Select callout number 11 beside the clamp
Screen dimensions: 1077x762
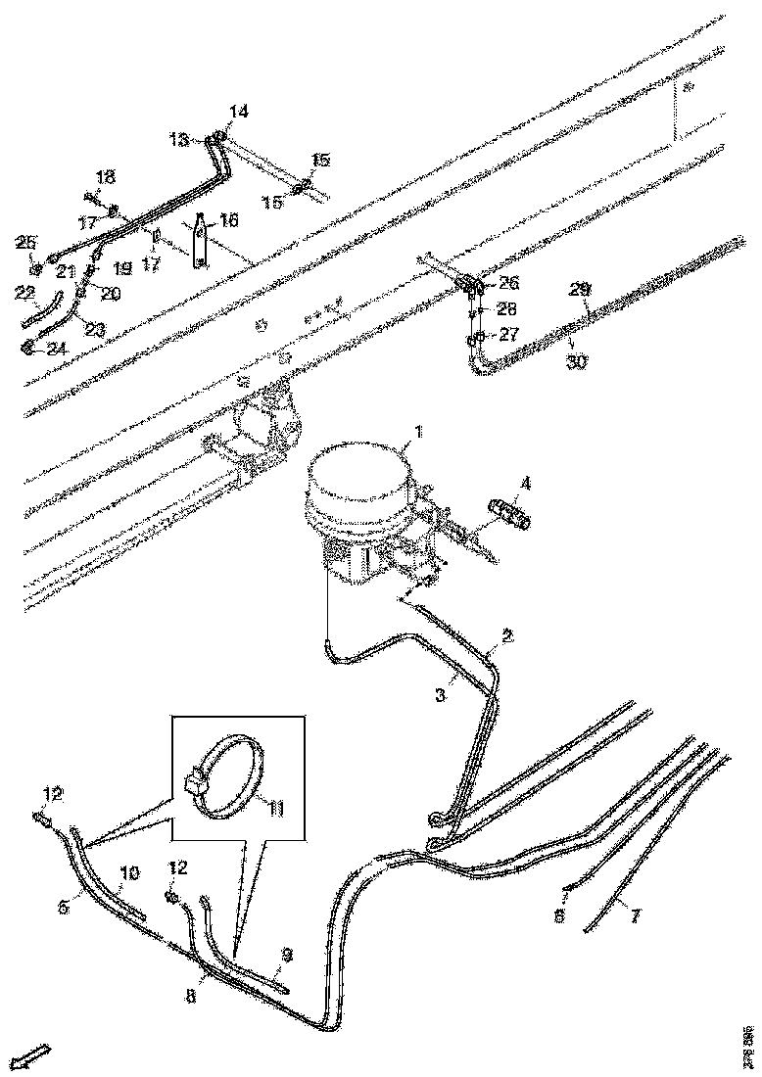click(x=276, y=809)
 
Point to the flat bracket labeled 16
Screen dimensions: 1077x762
click(x=200, y=241)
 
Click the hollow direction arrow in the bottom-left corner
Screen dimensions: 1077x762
click(x=32, y=1055)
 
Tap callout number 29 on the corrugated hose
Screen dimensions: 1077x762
click(x=581, y=290)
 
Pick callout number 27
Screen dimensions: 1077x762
click(x=508, y=333)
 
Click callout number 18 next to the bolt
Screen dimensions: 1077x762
click(x=105, y=176)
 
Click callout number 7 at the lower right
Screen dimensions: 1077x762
click(x=635, y=916)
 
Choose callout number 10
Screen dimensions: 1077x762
click(x=129, y=871)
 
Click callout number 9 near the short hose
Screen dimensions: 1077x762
click(x=286, y=953)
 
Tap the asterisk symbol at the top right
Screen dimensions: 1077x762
click(x=690, y=88)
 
